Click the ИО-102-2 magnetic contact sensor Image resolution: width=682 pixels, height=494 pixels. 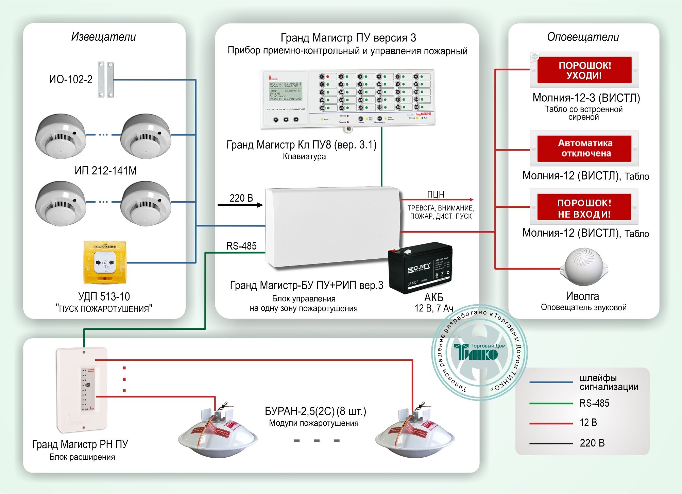click(x=105, y=79)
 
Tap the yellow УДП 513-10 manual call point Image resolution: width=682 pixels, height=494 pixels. click(x=105, y=262)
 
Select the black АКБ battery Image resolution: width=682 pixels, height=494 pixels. click(x=421, y=268)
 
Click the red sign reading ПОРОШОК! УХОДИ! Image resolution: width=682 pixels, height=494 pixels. click(x=584, y=70)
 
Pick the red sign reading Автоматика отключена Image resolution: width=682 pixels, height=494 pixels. click(x=584, y=148)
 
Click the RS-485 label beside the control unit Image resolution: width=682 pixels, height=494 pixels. click(x=241, y=246)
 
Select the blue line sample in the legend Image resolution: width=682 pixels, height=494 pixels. click(x=551, y=382)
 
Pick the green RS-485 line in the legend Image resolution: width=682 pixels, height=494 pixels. click(x=551, y=404)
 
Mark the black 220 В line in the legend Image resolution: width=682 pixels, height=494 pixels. click(x=551, y=443)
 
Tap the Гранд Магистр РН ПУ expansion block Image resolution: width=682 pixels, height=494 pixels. click(x=82, y=390)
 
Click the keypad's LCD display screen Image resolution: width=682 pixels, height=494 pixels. click(x=285, y=91)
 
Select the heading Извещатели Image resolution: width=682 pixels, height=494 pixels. click(x=103, y=37)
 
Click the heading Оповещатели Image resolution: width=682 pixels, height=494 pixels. click(x=583, y=37)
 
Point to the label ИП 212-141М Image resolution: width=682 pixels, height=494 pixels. click(x=105, y=170)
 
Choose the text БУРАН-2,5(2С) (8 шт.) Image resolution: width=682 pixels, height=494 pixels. click(x=315, y=411)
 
